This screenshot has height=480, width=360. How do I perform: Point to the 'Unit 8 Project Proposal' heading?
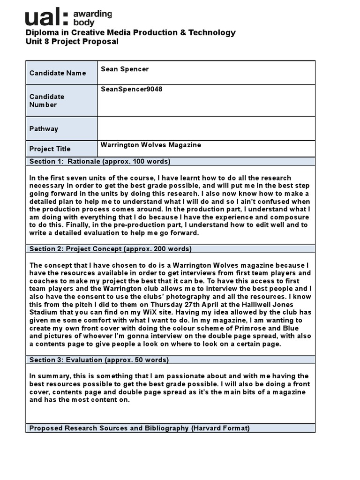tap(72, 42)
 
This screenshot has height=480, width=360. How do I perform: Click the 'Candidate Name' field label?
tap(58, 73)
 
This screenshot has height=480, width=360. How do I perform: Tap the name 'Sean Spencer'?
tap(125, 69)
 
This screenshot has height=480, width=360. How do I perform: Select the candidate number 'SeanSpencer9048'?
tap(132, 89)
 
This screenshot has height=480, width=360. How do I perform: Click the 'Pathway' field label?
tap(44, 129)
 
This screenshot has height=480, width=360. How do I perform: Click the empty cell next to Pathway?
tap(206, 128)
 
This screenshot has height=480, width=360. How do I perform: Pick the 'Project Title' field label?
tap(50, 149)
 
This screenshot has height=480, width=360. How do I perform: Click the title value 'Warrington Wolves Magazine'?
tap(150, 145)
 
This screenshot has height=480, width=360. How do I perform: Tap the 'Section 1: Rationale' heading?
tap(100, 162)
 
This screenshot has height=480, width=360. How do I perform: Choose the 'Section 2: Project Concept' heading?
tap(110, 249)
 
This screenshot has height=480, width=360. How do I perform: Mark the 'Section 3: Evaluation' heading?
tap(99, 360)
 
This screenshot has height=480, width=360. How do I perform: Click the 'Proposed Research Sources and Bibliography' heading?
tap(139, 428)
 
